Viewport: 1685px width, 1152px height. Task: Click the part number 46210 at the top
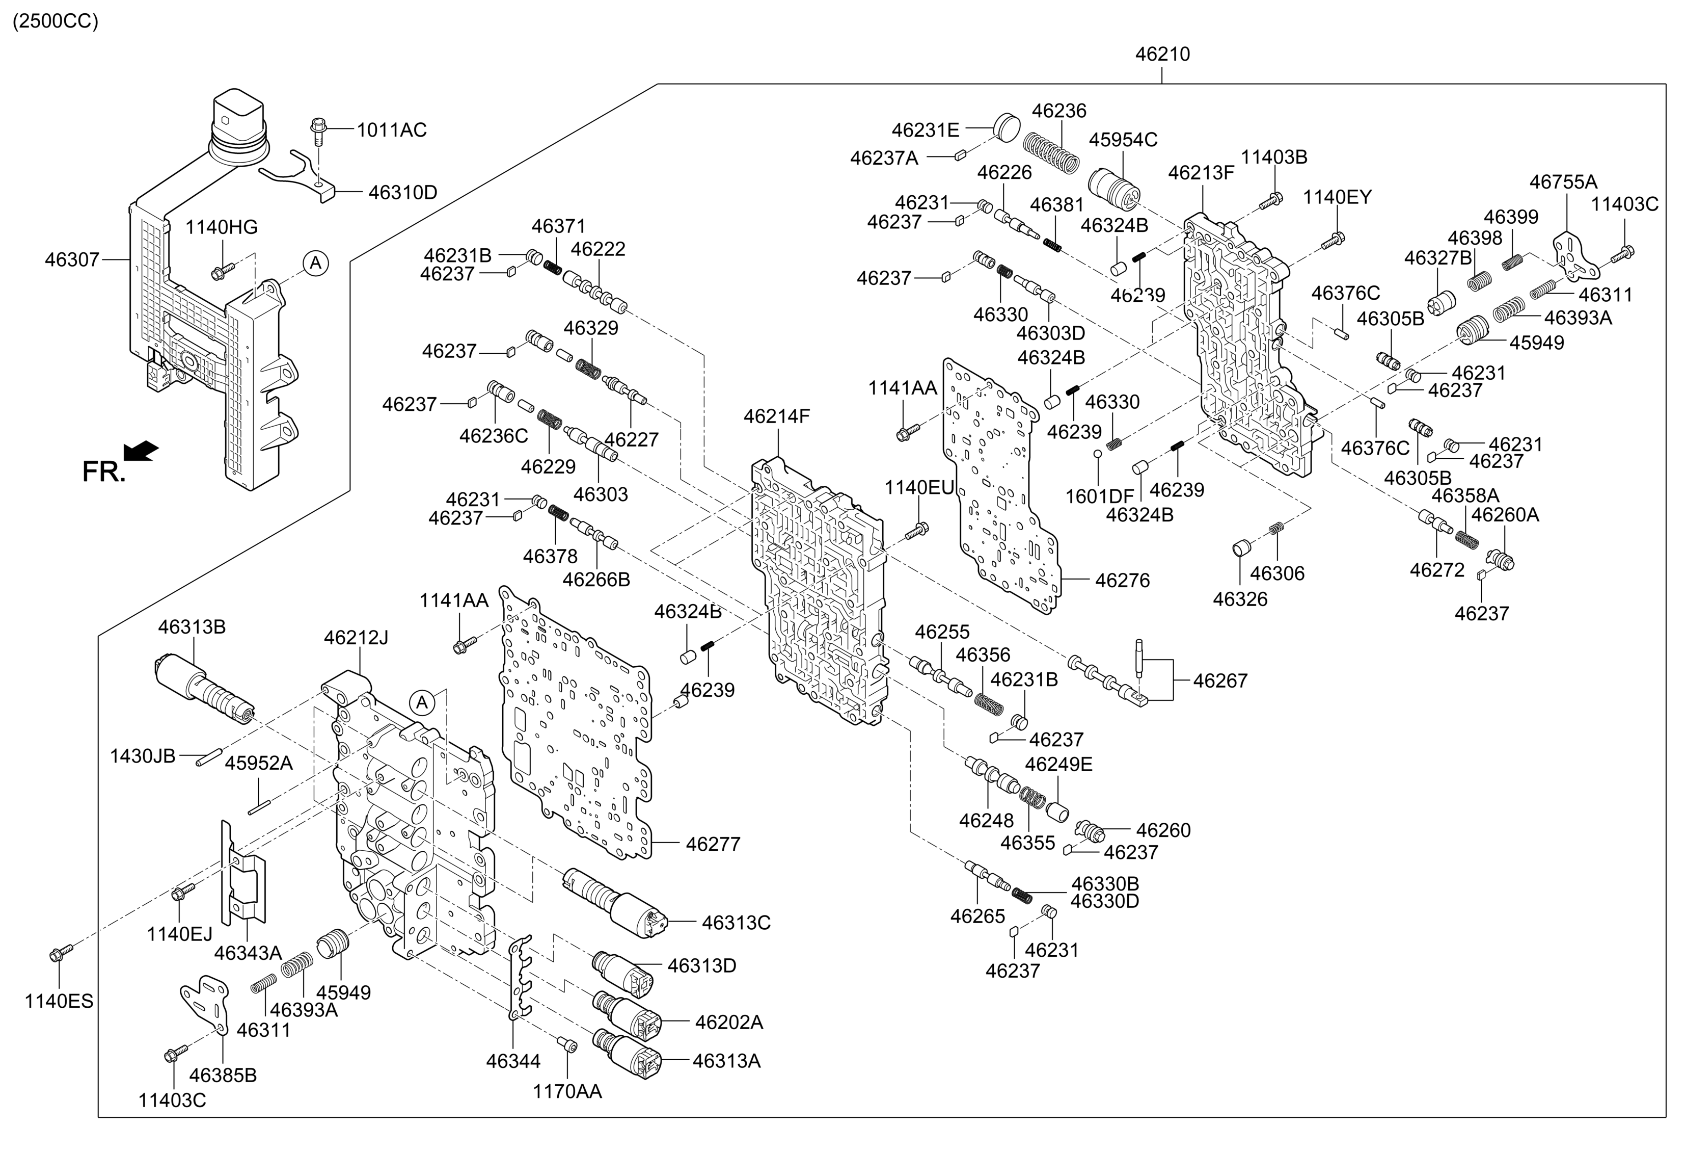tap(1162, 55)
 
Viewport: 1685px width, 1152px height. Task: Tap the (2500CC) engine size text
tap(55, 21)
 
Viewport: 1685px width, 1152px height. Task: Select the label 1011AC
tap(392, 130)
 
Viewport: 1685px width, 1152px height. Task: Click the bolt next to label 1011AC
tap(317, 132)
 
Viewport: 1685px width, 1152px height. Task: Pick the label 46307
tap(72, 259)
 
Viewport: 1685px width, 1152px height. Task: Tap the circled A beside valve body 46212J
tap(421, 702)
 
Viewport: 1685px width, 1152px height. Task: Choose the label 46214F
tap(776, 416)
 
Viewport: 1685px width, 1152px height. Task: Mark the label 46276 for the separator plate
tap(1122, 581)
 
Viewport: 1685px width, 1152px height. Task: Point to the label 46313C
tap(736, 923)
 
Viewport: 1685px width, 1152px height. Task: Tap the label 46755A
tap(1563, 182)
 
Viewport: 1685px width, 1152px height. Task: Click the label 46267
tap(1220, 680)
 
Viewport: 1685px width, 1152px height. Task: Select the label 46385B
tap(223, 1075)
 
